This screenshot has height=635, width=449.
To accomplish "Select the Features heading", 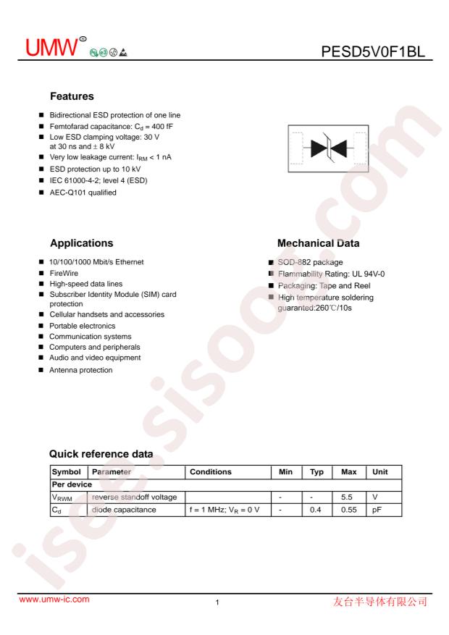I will (73, 96).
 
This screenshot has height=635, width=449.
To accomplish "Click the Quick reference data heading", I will (101, 454).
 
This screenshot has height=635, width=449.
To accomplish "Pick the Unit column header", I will (380, 471).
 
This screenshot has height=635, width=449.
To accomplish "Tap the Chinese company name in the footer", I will (385, 600).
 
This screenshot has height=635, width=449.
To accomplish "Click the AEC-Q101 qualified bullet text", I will (83, 192).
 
